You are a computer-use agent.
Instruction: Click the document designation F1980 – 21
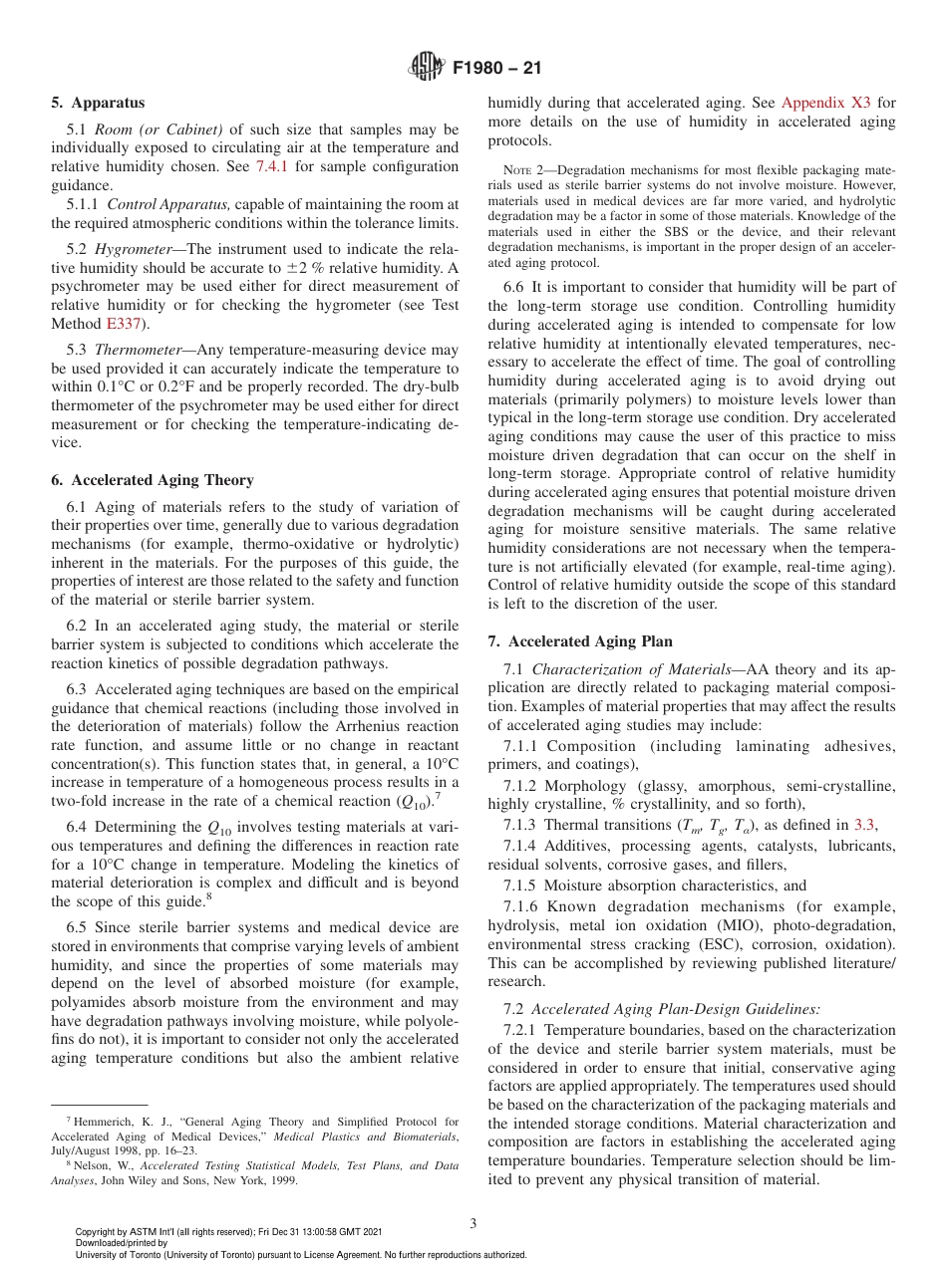496,70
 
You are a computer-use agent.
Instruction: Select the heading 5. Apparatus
98,103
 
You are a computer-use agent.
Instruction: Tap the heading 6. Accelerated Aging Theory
152,479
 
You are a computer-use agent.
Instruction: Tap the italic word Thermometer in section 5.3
143,350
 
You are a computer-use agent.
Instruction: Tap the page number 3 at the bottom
473,1223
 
